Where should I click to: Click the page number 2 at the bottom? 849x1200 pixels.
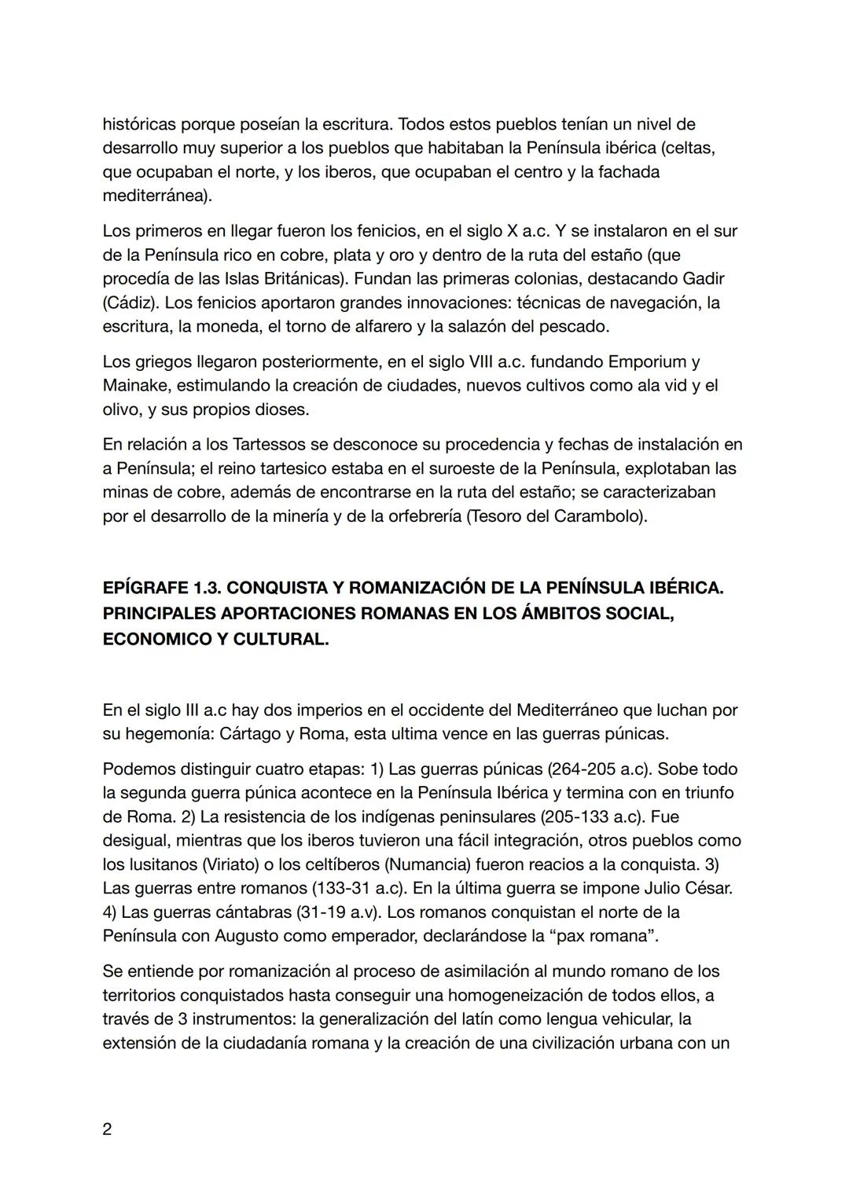(x=107, y=1129)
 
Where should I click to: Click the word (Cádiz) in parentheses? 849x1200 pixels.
(x=130, y=303)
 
